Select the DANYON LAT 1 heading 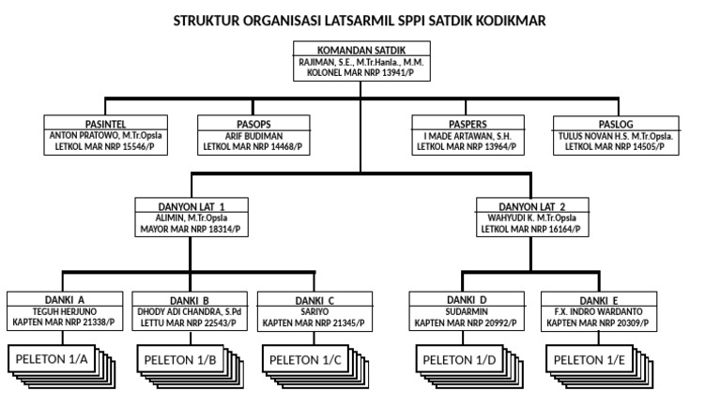[x=192, y=205]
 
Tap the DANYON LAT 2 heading [x=531, y=205]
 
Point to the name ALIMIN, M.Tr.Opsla [x=192, y=217]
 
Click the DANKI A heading [x=65, y=300]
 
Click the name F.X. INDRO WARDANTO [x=597, y=311]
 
